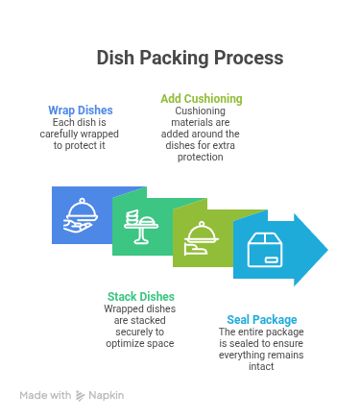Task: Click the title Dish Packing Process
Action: [189, 58]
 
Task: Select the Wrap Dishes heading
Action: [81, 110]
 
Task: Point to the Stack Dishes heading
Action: [140, 297]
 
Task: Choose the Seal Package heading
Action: [262, 319]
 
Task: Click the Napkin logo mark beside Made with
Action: [81, 395]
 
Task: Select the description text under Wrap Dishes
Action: [81, 133]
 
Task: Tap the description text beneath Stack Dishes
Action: [140, 326]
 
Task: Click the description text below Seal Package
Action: [261, 348]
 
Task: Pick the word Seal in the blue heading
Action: [240, 319]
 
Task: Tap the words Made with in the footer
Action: [45, 395]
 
